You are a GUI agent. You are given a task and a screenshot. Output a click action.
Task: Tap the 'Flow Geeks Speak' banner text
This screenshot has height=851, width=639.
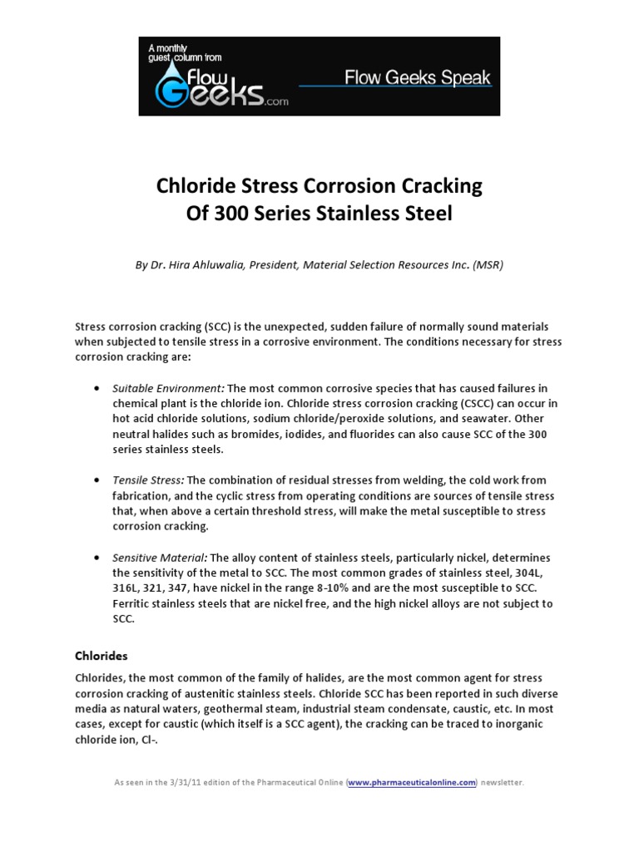[x=418, y=79]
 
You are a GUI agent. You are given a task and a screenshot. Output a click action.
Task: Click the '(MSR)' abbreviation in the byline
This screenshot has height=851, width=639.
[x=487, y=264]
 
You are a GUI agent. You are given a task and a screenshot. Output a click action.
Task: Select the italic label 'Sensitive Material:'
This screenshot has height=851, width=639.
[x=160, y=557]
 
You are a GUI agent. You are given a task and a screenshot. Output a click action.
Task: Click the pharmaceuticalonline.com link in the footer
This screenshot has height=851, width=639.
[x=413, y=783]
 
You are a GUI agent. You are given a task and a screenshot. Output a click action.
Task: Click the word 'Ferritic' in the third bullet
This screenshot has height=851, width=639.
[x=131, y=603]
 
